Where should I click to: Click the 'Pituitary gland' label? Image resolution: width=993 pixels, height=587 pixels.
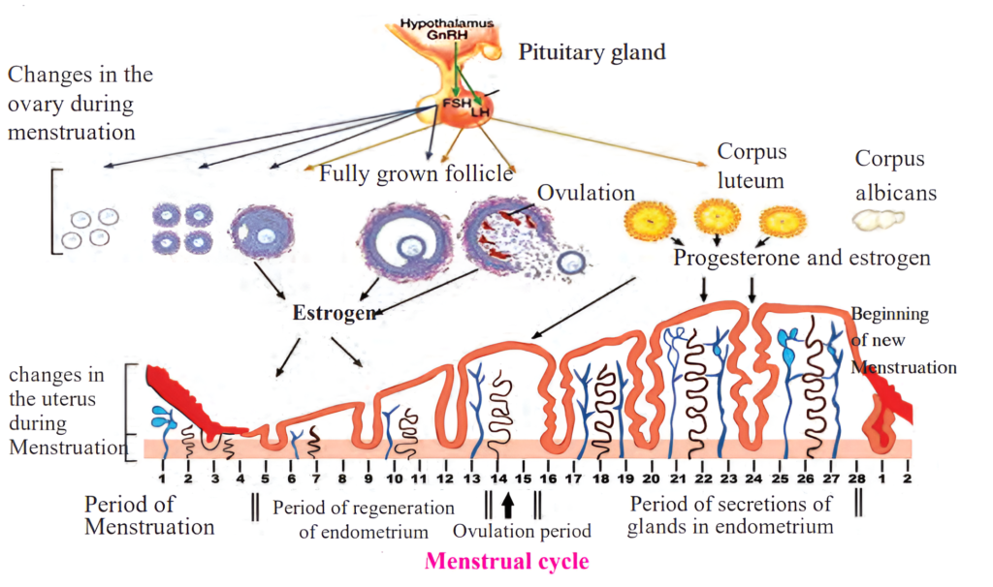tap(592, 51)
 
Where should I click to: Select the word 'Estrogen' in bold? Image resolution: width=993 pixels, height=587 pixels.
tap(332, 314)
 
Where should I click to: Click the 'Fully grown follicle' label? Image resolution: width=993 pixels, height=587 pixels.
tap(416, 174)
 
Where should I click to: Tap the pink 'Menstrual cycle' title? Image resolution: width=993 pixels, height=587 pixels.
tap(506, 560)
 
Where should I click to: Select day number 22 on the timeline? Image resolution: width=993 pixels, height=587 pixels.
tap(701, 478)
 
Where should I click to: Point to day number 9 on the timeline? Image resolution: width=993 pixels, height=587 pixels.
tap(368, 478)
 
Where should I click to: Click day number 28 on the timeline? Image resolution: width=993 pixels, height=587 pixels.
tap(855, 478)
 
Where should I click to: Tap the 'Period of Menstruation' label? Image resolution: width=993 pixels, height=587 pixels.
tap(149, 516)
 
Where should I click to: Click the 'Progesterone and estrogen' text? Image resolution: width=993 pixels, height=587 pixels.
tap(802, 259)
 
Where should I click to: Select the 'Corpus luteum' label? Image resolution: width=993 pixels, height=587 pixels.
tap(752, 165)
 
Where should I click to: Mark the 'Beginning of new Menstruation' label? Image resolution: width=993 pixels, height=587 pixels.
tap(903, 341)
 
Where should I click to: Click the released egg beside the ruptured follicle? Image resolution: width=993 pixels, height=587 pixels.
tap(572, 262)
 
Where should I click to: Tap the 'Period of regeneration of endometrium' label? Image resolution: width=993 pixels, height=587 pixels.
tap(363, 519)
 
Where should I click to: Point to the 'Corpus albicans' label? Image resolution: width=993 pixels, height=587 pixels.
tap(895, 175)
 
